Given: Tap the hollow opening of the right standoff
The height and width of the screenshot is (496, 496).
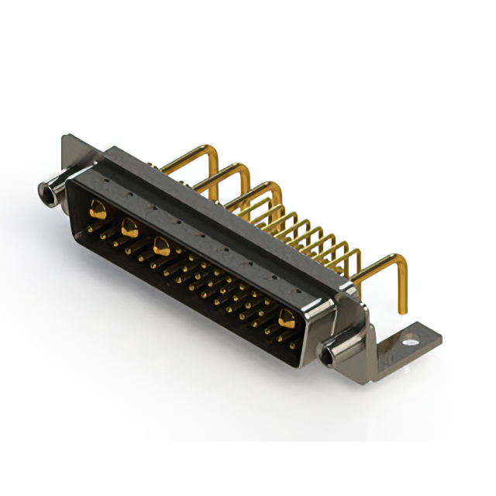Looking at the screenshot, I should (x=332, y=356).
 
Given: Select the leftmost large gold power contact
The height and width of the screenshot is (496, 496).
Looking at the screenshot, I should (x=98, y=208).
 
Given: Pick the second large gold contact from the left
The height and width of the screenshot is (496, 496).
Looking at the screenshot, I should (x=129, y=227).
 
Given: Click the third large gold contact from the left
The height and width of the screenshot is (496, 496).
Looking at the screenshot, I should (x=162, y=246).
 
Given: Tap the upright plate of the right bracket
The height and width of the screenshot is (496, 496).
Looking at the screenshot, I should (x=370, y=325).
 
